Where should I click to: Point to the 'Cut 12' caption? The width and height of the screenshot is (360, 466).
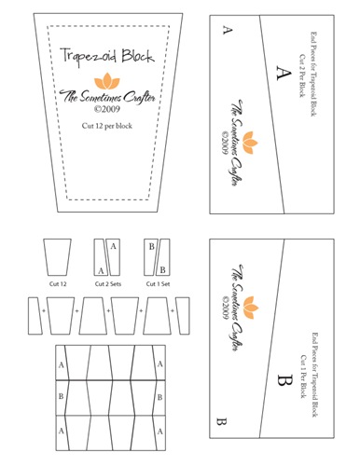point(59,283)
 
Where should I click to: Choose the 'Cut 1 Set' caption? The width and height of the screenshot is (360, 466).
point(155,283)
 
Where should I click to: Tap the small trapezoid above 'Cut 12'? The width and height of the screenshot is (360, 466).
point(59,256)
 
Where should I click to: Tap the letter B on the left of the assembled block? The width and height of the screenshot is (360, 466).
point(61,395)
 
